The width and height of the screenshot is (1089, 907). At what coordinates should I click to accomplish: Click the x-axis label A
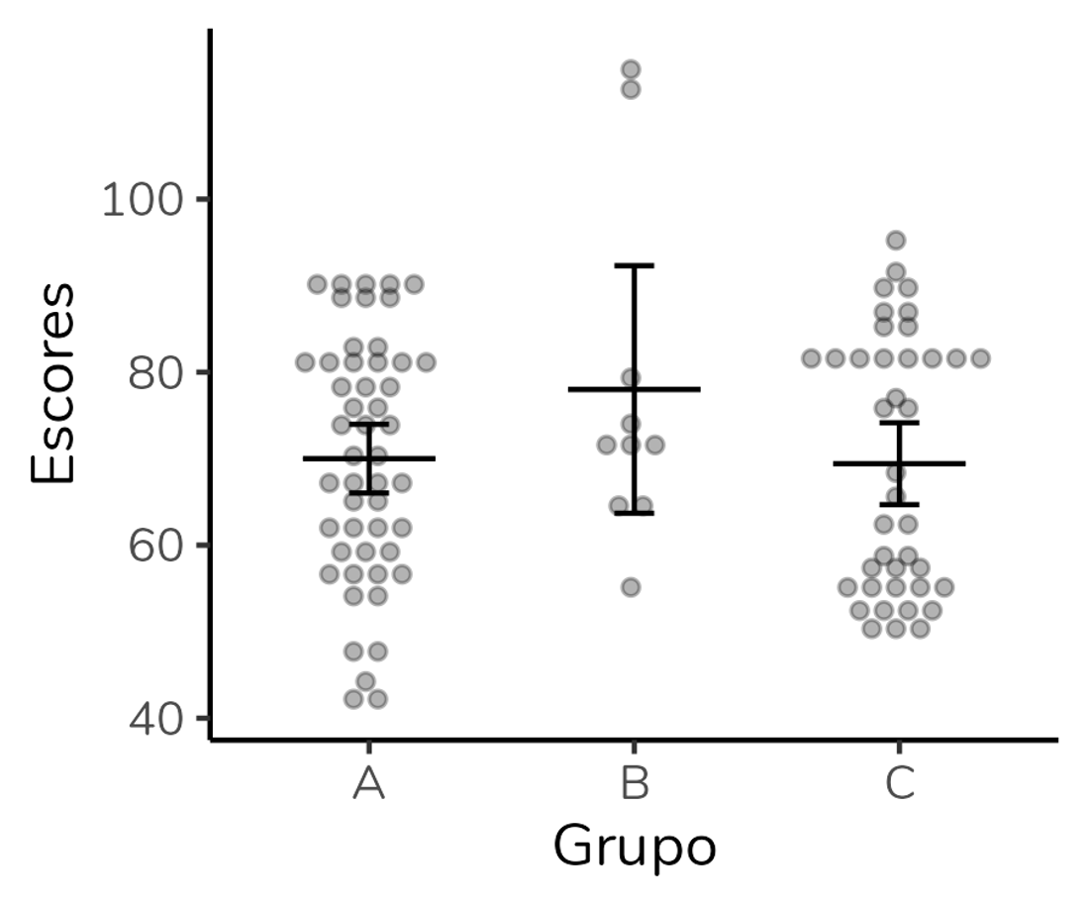pos(368,783)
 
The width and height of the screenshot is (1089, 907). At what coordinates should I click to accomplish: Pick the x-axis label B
pos(634,783)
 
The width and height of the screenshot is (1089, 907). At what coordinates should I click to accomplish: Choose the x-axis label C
pos(898,783)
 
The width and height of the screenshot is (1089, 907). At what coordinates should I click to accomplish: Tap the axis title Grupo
pos(634,848)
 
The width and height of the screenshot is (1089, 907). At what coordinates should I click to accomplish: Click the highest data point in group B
pos(631,69)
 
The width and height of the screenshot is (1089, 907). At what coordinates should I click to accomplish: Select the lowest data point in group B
pos(631,587)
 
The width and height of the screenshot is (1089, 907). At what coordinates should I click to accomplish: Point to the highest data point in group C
pos(896,240)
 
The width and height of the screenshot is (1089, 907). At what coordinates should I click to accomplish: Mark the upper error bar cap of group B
pos(634,265)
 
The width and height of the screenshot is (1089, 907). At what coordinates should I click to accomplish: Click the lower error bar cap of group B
pos(634,513)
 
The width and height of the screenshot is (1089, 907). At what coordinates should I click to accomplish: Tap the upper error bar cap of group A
pos(368,424)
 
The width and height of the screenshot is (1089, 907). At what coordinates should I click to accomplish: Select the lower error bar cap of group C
pos(898,505)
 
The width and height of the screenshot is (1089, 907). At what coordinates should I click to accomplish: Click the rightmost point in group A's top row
pos(415,284)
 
